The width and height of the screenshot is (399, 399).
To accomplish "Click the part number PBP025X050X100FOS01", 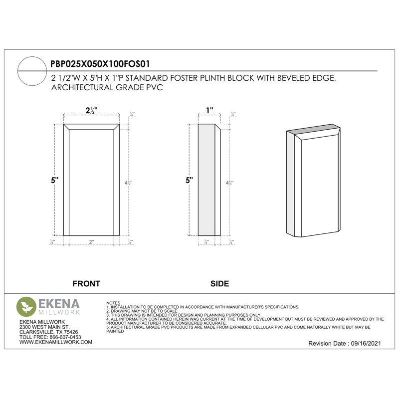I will coord(100,64).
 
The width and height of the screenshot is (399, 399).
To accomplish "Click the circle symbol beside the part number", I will coord(33,71).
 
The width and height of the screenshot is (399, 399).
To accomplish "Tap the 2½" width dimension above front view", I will coord(91,111).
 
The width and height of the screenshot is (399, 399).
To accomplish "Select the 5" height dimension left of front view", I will coord(54,181).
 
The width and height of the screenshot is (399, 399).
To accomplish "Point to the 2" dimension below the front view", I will coord(91,242).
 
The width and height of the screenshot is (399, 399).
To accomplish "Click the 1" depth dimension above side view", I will coord(209,110).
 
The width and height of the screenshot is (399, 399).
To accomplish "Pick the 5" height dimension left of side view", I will coord(189,181).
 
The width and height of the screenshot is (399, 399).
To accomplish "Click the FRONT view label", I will coord(86,284).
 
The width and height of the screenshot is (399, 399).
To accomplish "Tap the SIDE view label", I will coord(219,284).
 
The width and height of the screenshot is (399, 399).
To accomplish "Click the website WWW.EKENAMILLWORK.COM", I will coord(56,342).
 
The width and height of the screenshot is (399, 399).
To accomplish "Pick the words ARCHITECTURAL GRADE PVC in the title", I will coord(107,87).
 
